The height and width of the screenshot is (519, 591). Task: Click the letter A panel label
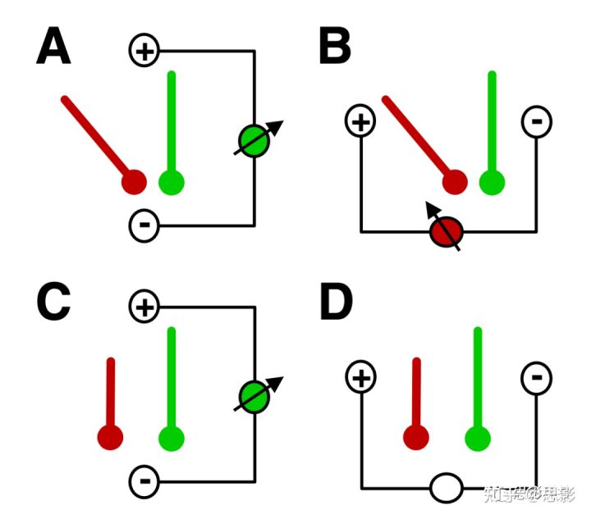pos(53,48)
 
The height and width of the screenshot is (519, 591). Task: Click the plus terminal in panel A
pos(144,51)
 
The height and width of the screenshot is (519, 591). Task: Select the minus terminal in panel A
pos(144,224)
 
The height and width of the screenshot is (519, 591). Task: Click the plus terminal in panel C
pos(144,307)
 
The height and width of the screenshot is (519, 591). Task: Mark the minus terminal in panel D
pos(537,378)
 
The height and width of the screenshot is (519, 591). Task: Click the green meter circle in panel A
pos(254,141)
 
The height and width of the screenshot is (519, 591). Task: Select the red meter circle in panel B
pos(447,232)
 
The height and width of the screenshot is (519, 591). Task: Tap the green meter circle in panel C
pos(254,398)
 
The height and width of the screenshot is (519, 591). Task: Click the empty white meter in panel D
pos(447,489)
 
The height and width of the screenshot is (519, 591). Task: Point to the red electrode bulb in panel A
pos(133,182)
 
